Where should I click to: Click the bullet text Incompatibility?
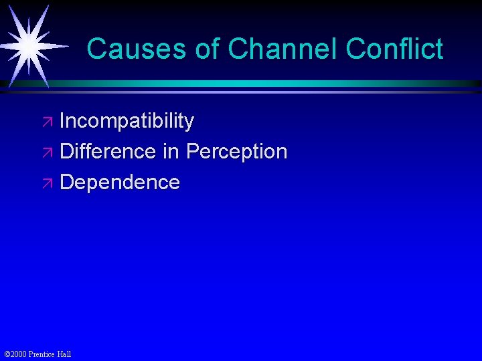click(x=127, y=122)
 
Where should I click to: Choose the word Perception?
click(x=237, y=152)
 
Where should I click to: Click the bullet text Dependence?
click(x=120, y=182)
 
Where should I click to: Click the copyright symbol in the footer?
click(x=7, y=354)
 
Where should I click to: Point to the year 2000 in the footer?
click(x=19, y=354)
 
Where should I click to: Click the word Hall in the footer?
click(x=64, y=354)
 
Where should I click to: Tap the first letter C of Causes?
click(x=96, y=49)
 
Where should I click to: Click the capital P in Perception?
click(x=193, y=152)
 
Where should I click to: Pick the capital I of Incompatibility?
click(x=62, y=122)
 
